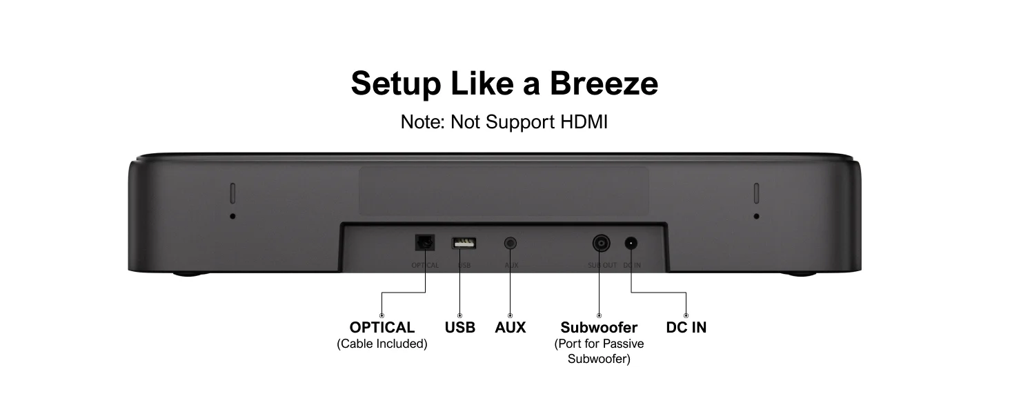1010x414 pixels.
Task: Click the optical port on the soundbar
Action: coord(424,243)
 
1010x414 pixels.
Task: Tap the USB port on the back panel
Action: coord(464,243)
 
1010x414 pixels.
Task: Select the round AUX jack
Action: coord(511,243)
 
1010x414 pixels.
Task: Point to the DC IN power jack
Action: coord(631,243)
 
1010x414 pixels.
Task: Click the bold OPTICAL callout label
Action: coord(382,327)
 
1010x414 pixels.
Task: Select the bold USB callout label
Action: coord(460,327)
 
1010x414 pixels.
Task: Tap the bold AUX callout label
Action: coord(511,327)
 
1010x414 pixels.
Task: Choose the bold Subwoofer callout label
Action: coord(599,327)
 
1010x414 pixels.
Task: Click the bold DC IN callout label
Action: coord(686,327)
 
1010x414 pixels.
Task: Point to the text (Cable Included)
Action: coord(382,344)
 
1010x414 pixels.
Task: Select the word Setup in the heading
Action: coord(395,83)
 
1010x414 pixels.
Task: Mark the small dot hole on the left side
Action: coord(232,216)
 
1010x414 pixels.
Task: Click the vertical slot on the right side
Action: coord(756,193)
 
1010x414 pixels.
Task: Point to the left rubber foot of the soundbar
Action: coord(191,274)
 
